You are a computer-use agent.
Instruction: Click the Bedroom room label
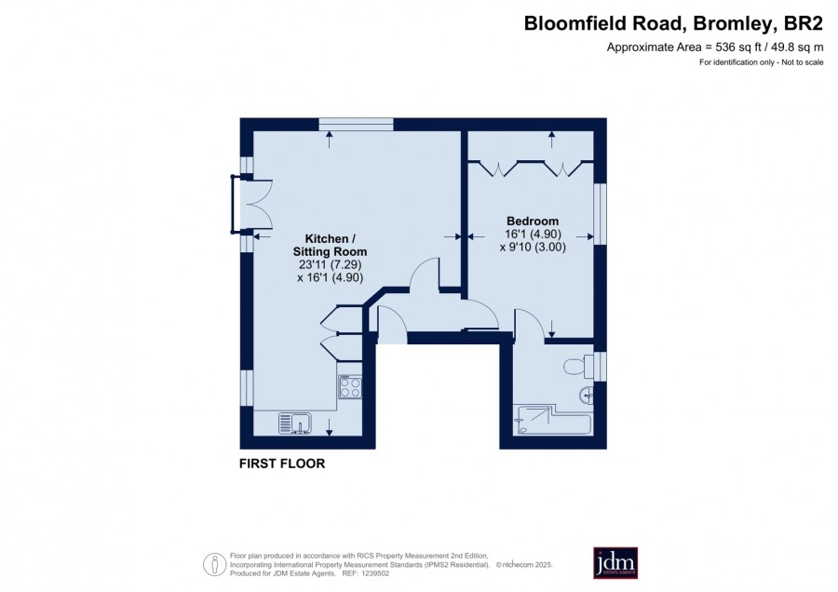pos(533,221)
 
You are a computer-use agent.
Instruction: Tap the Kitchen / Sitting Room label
pos(330,245)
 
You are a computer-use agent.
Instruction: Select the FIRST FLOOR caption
pos(282,464)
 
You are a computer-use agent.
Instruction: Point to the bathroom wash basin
pos(586,396)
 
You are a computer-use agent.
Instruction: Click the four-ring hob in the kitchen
pos(349,385)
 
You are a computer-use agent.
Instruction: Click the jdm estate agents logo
pos(615,562)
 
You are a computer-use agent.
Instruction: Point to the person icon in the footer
pos(215,564)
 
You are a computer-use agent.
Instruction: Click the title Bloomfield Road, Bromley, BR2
pos(673,23)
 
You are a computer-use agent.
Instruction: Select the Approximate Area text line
pos(715,47)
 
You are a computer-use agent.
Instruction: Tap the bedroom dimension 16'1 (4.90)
pos(533,234)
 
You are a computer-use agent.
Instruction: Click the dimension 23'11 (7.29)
pos(331,264)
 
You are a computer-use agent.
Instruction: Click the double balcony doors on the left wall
pos(252,205)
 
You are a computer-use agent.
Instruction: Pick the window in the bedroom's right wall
pos(601,214)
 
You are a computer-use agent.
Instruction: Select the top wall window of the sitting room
pos(356,125)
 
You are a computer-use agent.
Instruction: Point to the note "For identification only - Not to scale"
pos(761,62)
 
